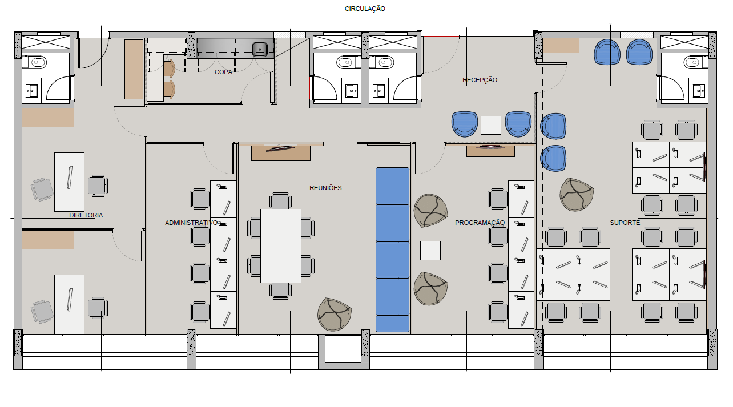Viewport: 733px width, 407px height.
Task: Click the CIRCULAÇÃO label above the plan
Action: click(365, 9)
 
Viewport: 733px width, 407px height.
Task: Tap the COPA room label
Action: click(224, 72)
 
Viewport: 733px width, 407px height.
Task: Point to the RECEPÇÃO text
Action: click(480, 80)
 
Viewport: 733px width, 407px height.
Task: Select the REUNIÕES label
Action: click(325, 188)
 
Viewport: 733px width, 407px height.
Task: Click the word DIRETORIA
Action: click(86, 215)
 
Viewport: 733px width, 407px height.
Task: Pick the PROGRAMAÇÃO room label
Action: click(480, 223)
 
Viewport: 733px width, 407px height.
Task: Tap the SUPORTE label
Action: click(625, 223)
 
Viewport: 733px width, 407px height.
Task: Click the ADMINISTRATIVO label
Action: click(191, 223)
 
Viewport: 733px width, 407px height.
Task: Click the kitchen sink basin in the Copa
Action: click(260, 50)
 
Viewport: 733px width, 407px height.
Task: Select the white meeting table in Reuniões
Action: click(281, 246)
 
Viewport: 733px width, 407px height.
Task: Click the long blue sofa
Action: click(392, 249)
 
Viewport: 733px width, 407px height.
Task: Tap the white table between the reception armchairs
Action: click(491, 126)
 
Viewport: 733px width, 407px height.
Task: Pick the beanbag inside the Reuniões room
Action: click(335, 314)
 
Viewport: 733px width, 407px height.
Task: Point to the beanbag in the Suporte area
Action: click(577, 194)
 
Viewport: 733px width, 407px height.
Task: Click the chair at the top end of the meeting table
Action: click(280, 200)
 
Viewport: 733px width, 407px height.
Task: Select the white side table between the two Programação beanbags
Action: click(430, 251)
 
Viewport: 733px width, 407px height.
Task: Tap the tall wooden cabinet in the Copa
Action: click(134, 70)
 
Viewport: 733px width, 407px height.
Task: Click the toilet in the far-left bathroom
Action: click(38, 62)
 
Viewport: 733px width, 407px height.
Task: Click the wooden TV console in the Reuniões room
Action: click(281, 153)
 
